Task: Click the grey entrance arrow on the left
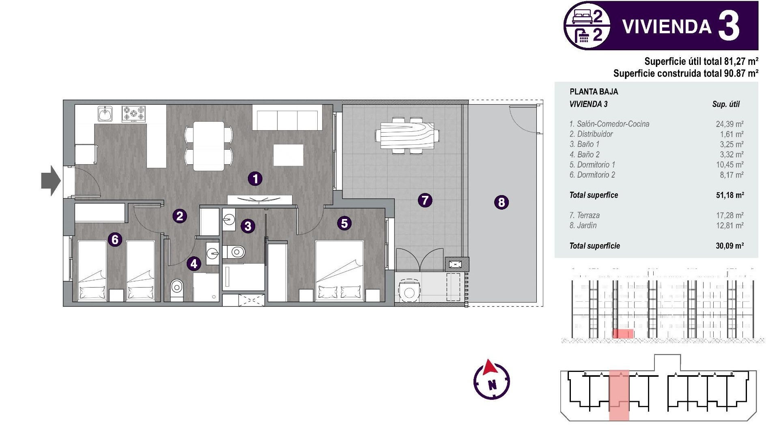[x=51, y=180]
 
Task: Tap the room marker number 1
[x=255, y=178]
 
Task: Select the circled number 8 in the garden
[x=501, y=202]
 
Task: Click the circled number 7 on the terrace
[x=425, y=200]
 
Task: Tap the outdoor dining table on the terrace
[x=407, y=135]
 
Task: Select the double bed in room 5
[x=339, y=271]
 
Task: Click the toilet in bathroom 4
[x=177, y=289]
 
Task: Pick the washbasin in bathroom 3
[x=228, y=220]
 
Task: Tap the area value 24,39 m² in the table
[x=730, y=124]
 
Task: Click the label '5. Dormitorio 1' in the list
[x=592, y=165]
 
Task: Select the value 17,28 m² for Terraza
[x=730, y=215]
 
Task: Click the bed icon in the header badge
[x=582, y=17]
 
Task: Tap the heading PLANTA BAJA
[x=594, y=92]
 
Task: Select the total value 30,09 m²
[x=730, y=246]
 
